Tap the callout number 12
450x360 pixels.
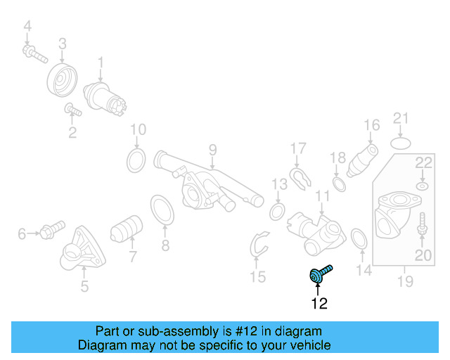point(319,304)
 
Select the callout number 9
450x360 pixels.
point(212,149)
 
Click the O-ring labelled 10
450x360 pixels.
point(136,161)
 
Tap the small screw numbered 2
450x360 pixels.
point(73,110)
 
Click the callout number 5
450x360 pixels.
point(84,286)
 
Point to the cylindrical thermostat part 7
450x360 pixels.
point(127,229)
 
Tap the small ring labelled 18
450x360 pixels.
point(338,184)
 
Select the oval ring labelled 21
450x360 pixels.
point(401,143)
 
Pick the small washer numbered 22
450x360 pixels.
point(422,186)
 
